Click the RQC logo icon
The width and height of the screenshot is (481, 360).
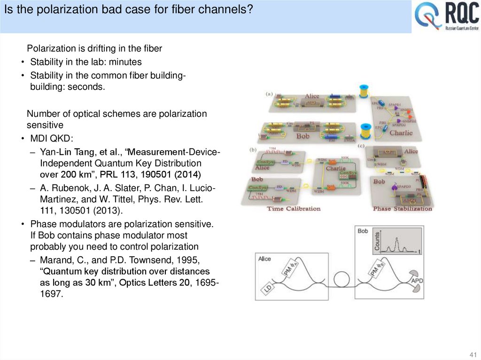(428, 17)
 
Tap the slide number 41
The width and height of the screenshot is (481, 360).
(473, 354)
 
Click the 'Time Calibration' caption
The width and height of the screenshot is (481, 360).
(294, 208)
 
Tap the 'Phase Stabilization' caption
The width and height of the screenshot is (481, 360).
(403, 208)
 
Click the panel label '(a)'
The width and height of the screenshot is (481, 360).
(269, 93)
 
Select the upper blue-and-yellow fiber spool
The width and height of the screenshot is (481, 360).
(364, 91)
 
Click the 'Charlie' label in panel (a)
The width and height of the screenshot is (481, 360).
(401, 133)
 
